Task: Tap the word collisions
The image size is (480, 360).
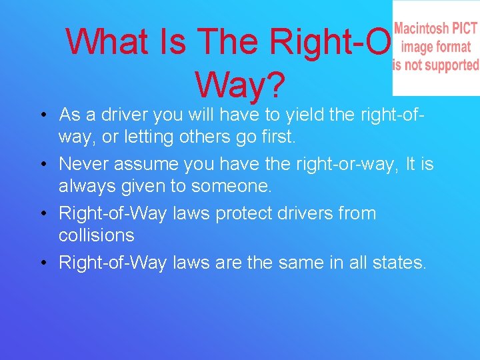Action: (x=97, y=235)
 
